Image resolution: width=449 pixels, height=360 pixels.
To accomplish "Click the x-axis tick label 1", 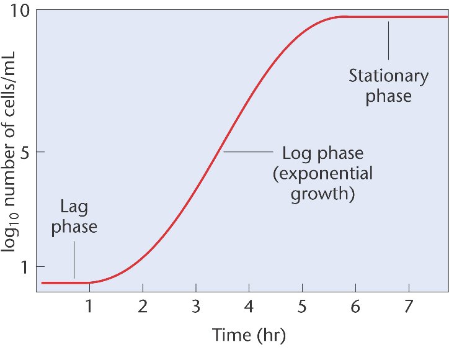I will [89, 307].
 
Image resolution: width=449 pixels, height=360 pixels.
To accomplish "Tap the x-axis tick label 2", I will [143, 307].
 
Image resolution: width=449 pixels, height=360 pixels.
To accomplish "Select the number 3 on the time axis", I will [196, 307].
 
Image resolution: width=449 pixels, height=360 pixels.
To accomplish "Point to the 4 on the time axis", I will [249, 307].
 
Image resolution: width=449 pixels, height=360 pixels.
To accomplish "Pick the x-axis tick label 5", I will [302, 307].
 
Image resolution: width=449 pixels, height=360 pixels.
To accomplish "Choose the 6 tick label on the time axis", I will [355, 307].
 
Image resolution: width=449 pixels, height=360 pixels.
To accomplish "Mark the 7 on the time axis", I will [409, 307].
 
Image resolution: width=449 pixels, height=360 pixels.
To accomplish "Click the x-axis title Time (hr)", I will [249, 336].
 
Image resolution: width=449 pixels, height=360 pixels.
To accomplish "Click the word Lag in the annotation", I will [74, 207].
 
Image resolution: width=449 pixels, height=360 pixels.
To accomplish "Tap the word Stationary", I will [388, 77].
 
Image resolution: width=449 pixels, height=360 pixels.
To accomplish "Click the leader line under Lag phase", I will [74, 259].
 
